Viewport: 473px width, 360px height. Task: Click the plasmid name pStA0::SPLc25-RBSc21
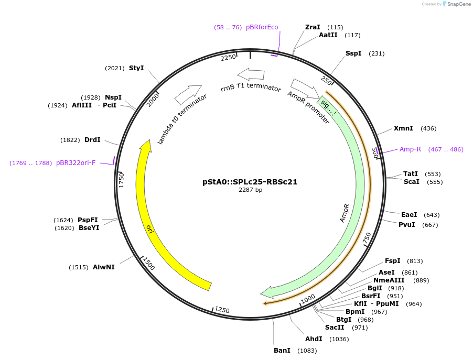click(x=250, y=182)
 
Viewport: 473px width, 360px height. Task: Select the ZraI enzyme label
click(x=313, y=27)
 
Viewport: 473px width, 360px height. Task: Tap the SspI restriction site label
click(x=353, y=53)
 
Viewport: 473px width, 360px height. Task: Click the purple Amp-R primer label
click(x=410, y=149)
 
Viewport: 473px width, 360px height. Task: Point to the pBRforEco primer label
click(x=262, y=27)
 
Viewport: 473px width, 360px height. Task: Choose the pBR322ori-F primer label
click(x=76, y=163)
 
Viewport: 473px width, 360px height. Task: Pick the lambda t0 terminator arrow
click(x=188, y=94)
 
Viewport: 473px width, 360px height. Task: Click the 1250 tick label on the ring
click(x=222, y=310)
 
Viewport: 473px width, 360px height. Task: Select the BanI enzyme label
click(x=282, y=350)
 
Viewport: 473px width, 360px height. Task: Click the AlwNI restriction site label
click(x=104, y=267)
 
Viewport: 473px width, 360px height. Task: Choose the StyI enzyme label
click(x=136, y=68)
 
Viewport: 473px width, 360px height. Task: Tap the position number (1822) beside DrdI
click(x=70, y=140)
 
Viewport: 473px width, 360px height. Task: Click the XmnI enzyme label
click(x=403, y=128)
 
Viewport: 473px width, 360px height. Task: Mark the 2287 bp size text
click(x=250, y=190)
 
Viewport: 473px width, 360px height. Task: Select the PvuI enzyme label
click(x=407, y=225)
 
